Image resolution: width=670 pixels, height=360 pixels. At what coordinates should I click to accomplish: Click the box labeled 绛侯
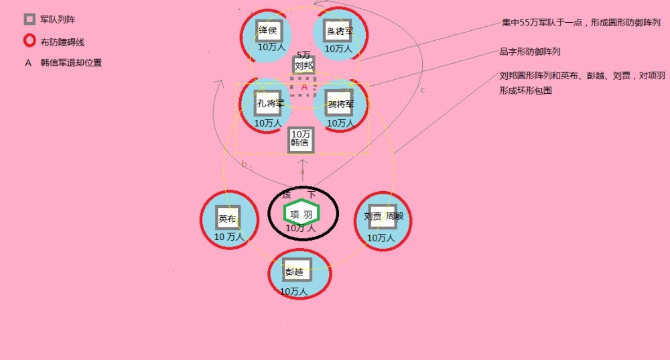(x=268, y=31)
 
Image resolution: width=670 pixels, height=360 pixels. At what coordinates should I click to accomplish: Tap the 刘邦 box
(x=304, y=66)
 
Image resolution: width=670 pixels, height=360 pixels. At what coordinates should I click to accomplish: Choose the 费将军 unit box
(x=340, y=103)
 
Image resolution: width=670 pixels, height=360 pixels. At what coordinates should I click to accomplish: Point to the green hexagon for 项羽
(x=301, y=214)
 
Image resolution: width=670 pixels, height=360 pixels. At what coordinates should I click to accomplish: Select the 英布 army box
(x=228, y=219)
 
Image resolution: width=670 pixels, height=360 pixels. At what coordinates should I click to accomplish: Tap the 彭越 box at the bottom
(x=297, y=272)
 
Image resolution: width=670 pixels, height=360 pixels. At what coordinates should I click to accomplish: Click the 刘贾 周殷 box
(x=383, y=217)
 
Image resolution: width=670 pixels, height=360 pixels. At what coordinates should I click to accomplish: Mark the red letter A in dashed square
(x=304, y=87)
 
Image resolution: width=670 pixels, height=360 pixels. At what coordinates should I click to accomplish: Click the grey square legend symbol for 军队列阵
(x=29, y=19)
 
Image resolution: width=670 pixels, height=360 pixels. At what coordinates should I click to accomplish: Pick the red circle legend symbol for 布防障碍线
(x=29, y=42)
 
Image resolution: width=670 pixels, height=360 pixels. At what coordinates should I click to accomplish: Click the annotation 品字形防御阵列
(x=530, y=52)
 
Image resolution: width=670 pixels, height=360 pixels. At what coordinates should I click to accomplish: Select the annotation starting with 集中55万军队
(x=581, y=23)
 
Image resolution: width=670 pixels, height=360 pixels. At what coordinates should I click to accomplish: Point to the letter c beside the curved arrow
(x=422, y=90)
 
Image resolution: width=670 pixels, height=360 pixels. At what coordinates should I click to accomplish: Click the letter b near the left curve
(x=244, y=164)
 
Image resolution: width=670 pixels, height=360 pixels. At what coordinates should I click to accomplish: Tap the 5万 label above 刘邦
(x=304, y=54)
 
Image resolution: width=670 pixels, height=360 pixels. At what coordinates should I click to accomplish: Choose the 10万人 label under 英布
(x=228, y=237)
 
